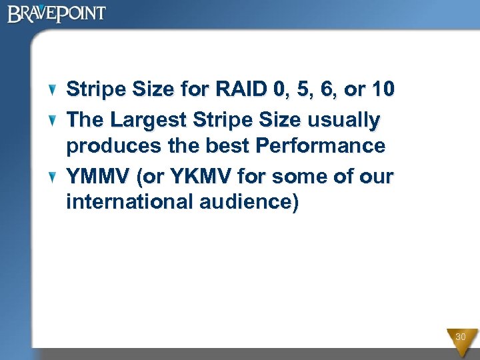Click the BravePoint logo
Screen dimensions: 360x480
point(57,13)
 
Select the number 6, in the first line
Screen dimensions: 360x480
point(331,89)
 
